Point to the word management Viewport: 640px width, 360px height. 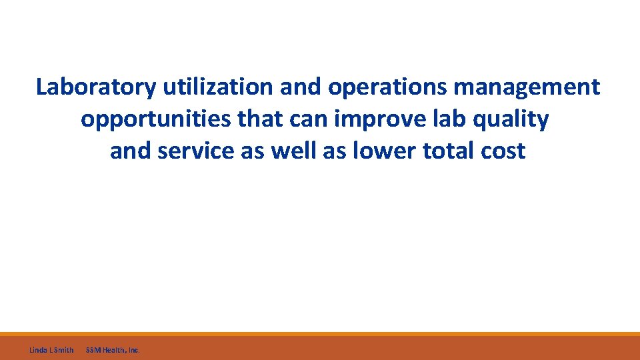(x=531, y=87)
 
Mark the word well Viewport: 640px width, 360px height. (x=293, y=151)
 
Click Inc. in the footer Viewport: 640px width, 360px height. (x=133, y=349)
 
